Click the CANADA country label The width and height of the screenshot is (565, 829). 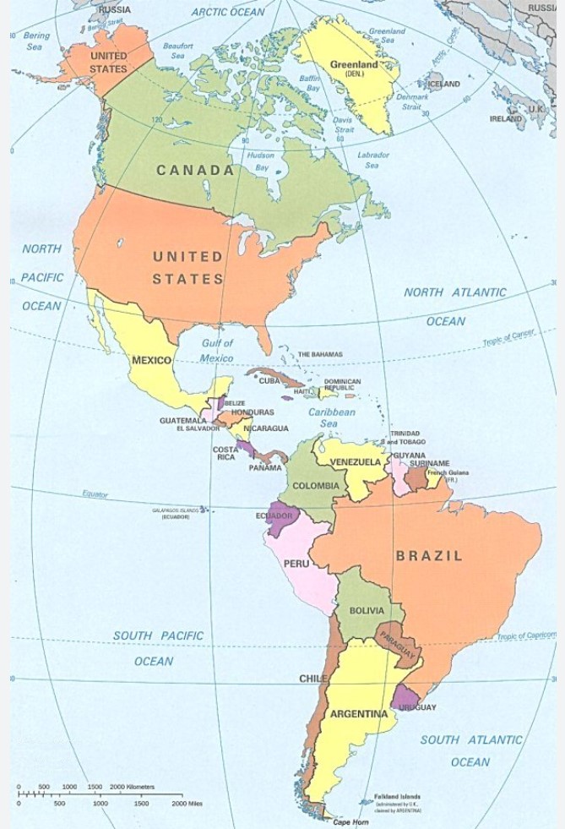[x=195, y=170]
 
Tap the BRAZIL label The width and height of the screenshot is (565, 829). [x=429, y=556]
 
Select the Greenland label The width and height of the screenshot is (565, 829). [x=354, y=64]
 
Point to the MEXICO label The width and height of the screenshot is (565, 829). [x=151, y=361]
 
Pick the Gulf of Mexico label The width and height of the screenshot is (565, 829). [x=217, y=351]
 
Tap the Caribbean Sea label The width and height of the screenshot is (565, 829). [x=331, y=417]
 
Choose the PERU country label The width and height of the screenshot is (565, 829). [x=296, y=563]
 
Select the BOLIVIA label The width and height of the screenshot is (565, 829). [x=367, y=610]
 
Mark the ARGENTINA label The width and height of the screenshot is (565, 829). [x=358, y=714]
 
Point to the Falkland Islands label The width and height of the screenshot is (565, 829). [x=397, y=796]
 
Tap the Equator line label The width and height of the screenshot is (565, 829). [x=95, y=494]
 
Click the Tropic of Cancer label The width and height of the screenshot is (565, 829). [x=508, y=338]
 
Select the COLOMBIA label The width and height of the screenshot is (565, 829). [x=316, y=486]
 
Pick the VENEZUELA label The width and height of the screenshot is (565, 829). [x=355, y=462]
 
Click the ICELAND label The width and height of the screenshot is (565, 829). [x=444, y=85]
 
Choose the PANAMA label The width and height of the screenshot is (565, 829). [x=265, y=467]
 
